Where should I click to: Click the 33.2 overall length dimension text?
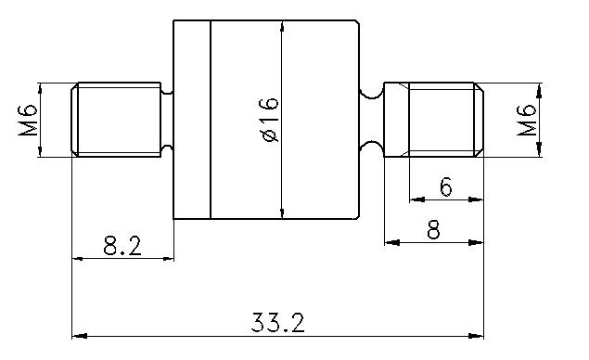coord(278,322)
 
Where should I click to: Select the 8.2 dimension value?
coord(122,246)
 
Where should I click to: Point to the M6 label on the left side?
coord(28,120)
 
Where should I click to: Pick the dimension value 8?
coord(433,230)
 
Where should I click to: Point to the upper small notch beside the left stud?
coord(168,91)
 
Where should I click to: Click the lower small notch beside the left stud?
coord(168,149)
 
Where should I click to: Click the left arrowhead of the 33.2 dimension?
coord(79,335)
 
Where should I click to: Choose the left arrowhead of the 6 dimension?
coord(415,199)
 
